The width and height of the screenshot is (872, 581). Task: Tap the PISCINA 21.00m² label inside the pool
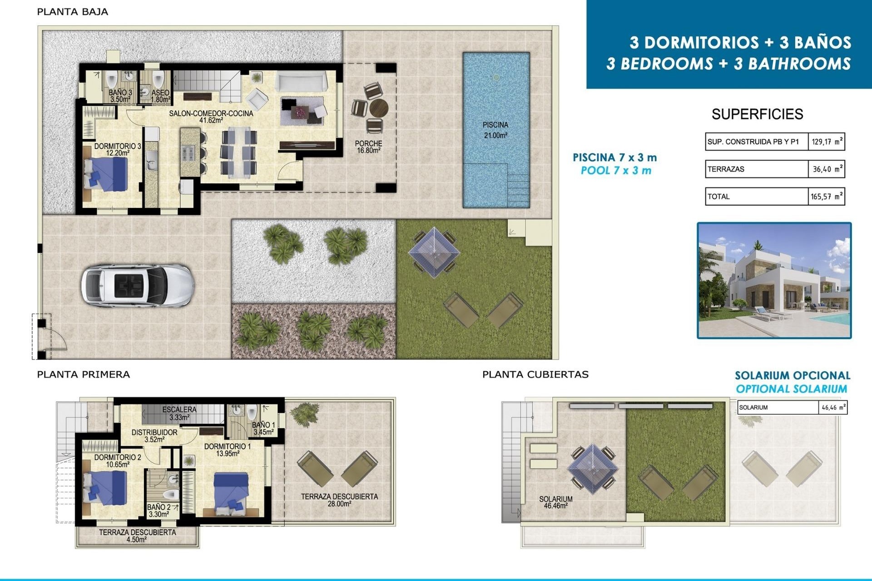point(495,130)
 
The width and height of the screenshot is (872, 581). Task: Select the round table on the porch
point(378,108)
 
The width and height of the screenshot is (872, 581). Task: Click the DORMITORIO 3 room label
point(118,149)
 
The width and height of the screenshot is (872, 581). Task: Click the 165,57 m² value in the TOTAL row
point(826,197)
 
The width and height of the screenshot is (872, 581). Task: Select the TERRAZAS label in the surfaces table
point(726,169)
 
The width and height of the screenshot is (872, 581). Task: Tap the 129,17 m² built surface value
point(826,142)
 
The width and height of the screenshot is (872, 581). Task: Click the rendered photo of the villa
point(774,281)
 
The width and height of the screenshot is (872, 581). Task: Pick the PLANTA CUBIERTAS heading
point(535,374)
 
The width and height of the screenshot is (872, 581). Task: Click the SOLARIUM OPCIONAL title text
point(792,375)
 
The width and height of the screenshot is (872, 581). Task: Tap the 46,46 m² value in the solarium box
point(833,408)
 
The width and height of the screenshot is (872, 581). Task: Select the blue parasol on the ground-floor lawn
point(434,252)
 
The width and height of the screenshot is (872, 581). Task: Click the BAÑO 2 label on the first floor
point(159,511)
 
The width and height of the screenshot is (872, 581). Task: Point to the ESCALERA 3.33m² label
point(179,413)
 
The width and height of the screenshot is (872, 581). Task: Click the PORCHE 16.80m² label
point(368,147)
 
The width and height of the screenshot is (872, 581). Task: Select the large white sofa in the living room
point(302,82)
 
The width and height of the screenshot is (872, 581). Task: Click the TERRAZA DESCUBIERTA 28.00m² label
point(339,500)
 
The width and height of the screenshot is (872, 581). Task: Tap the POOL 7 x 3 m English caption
point(616,171)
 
